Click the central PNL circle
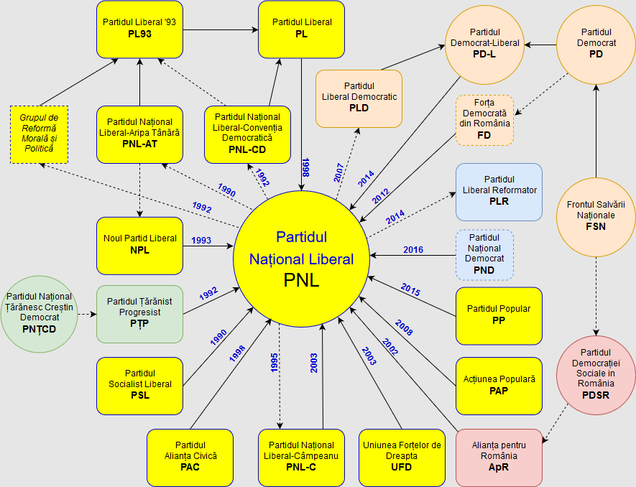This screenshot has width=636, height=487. click(301, 259)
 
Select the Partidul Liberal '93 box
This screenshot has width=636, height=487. click(139, 29)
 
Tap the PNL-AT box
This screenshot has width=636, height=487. click(139, 134)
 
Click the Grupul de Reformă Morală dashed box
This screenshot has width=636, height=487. click(39, 134)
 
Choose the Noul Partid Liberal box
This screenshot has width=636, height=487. click(139, 245)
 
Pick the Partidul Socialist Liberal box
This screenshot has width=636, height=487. click(139, 386)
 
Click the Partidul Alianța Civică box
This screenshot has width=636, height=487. click(190, 457)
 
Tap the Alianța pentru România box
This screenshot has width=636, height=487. click(499, 457)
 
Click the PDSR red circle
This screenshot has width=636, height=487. click(596, 374)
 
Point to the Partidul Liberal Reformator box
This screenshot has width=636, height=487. click(499, 192)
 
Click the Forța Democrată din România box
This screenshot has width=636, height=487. click(484, 120)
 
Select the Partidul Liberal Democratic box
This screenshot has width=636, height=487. click(359, 98)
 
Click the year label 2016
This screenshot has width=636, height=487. click(413, 250)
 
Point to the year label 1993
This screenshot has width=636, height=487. click(201, 241)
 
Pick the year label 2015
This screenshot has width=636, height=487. click(410, 292)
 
